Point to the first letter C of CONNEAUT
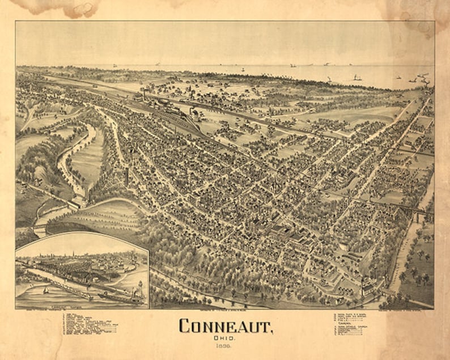pyautogui.click(x=184, y=325)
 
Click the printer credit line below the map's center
pyautogui.click(x=226, y=311)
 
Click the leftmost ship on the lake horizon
pyautogui.click(x=115, y=66)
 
